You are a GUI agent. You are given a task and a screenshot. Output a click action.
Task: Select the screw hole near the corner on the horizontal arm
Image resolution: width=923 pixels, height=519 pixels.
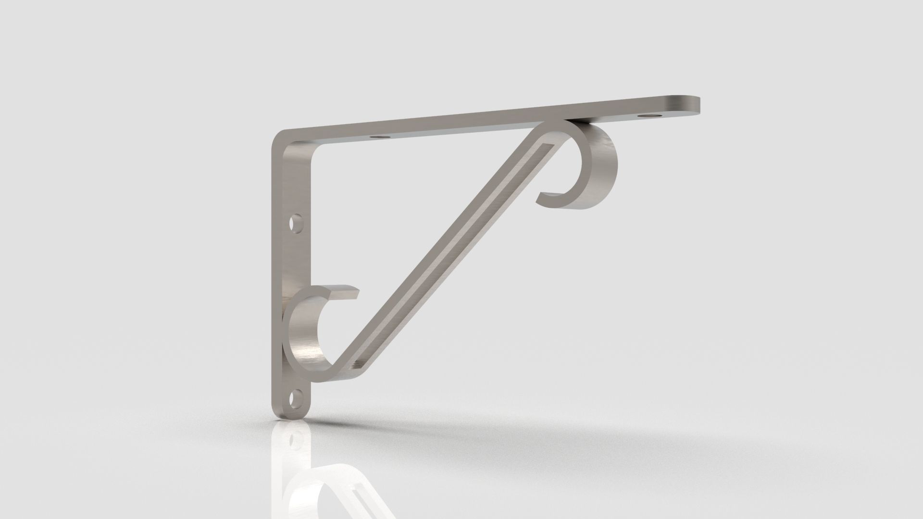[x=380, y=137]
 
